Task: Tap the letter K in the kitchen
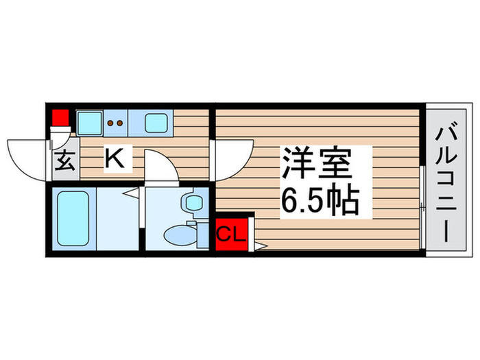(114, 160)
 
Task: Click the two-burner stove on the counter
(117, 124)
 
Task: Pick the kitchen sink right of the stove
(157, 123)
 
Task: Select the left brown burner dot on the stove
(112, 124)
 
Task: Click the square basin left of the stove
(88, 123)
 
